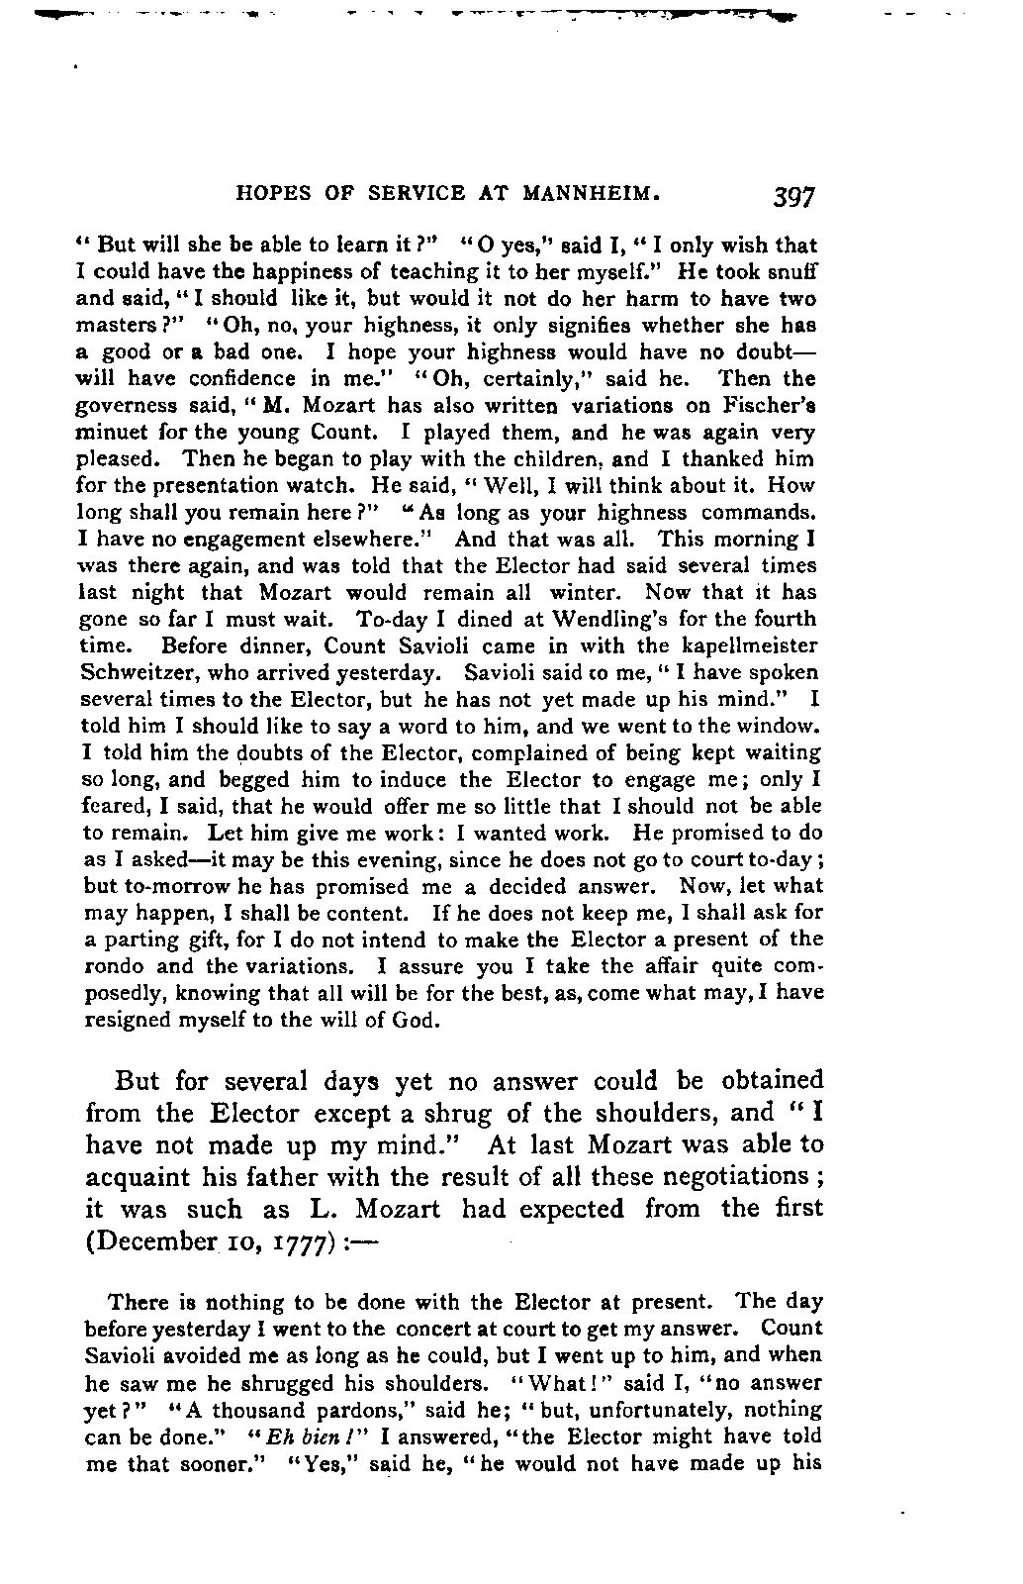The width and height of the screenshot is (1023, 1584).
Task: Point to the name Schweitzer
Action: tap(135, 673)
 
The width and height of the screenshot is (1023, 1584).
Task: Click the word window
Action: tap(787, 727)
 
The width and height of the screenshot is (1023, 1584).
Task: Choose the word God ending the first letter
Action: tap(419, 1021)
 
